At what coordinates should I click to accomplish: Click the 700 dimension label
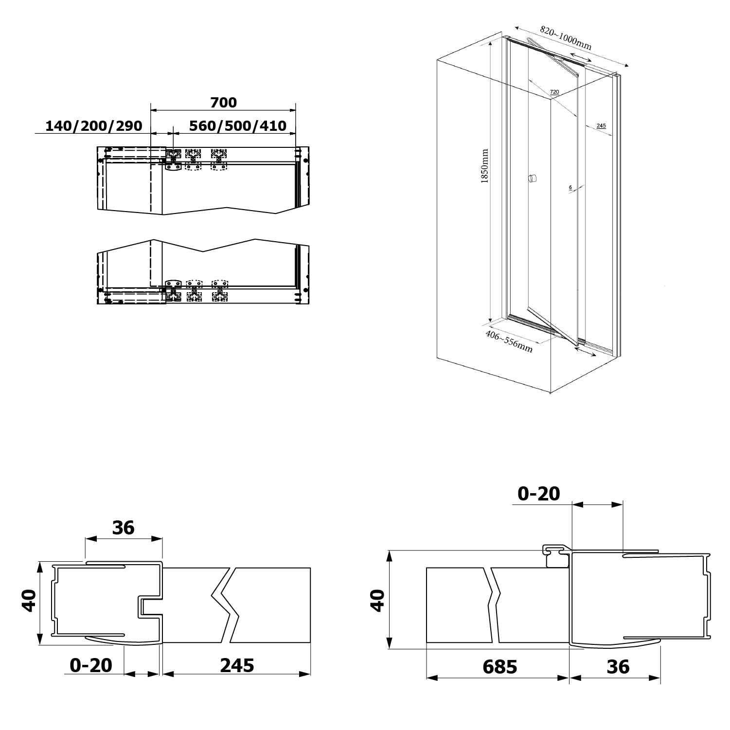click(x=223, y=103)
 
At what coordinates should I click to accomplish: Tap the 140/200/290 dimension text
click(x=94, y=126)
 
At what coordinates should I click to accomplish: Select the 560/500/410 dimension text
click(x=238, y=126)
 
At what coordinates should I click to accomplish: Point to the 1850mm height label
click(x=484, y=166)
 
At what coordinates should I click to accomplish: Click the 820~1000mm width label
click(x=566, y=38)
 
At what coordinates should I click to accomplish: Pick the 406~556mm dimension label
click(x=509, y=341)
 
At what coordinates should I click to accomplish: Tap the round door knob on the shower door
click(x=533, y=178)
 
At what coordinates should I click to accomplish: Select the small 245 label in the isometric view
click(x=601, y=125)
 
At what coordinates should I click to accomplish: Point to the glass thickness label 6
click(x=570, y=187)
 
